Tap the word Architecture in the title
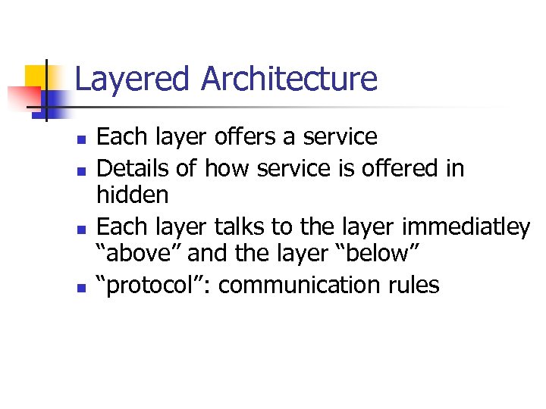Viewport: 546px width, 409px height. point(289,80)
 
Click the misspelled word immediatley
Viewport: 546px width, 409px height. point(466,226)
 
